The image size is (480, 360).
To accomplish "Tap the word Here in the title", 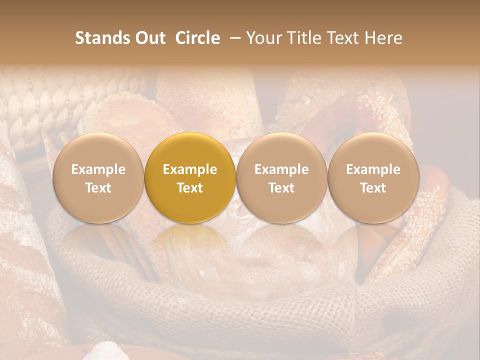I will click(383, 38).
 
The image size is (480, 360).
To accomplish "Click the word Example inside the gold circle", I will click(190, 169).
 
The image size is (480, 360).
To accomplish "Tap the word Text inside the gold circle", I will click(190, 188).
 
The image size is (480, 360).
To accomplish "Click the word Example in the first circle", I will click(98, 169).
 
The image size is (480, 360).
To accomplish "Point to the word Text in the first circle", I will click(98, 188).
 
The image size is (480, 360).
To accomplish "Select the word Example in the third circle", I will click(281, 169).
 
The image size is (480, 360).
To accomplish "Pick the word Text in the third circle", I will click(281, 188).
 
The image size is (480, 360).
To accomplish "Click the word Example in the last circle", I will click(373, 169).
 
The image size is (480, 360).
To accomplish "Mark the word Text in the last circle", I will click(373, 188).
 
